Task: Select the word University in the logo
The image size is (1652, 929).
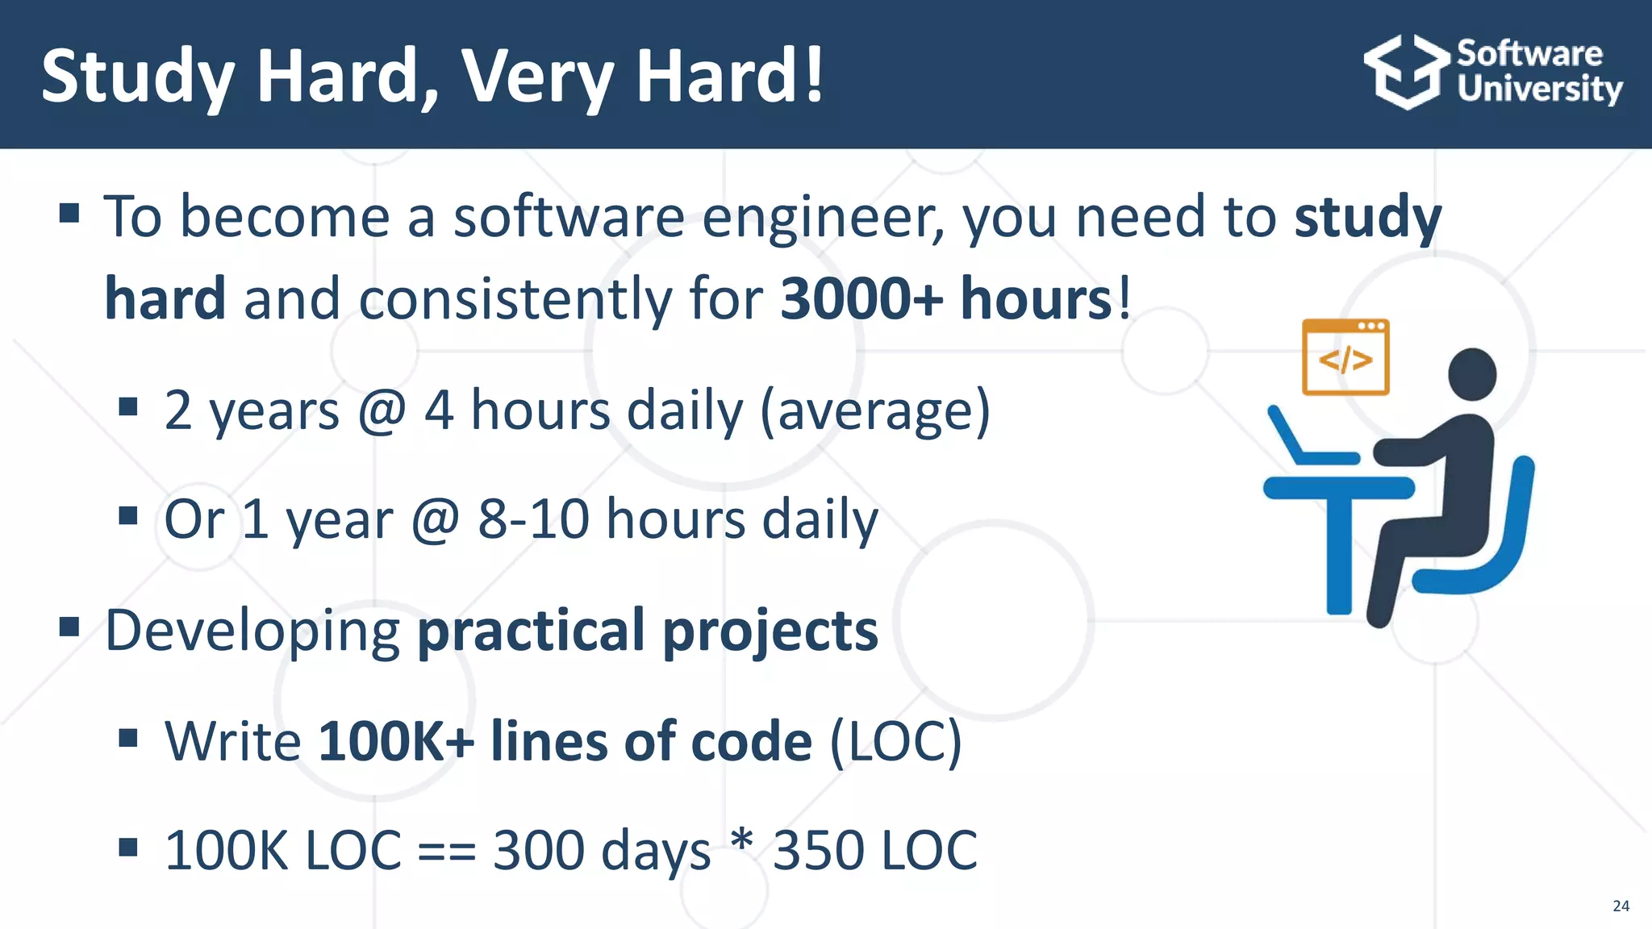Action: [x=1539, y=89]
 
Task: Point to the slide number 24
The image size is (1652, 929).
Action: [x=1621, y=906]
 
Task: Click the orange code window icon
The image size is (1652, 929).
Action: [x=1345, y=357]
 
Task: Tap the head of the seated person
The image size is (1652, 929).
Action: [x=1472, y=374]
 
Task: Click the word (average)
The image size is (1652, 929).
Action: [x=874, y=410]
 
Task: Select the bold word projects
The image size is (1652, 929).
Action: [x=770, y=630]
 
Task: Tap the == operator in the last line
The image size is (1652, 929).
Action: [x=447, y=851]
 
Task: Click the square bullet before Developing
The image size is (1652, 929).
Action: [x=69, y=627]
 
